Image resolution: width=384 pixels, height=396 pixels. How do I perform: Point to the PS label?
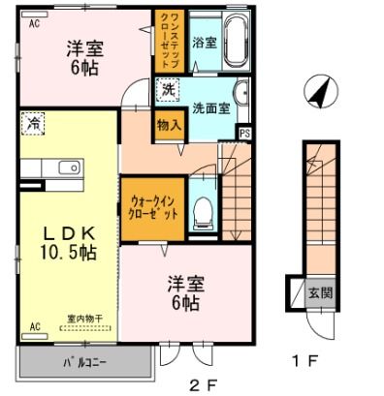click(x=243, y=134)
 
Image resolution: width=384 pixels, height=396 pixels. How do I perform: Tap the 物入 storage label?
click(x=169, y=125)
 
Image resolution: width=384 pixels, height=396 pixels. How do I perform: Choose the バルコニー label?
click(x=85, y=363)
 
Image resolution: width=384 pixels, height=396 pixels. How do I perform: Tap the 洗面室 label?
click(x=208, y=108)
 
